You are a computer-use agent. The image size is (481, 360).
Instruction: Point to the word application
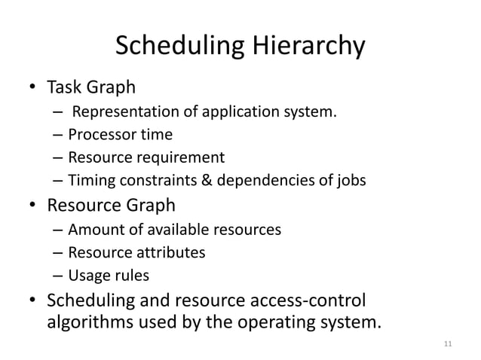(x=229, y=114)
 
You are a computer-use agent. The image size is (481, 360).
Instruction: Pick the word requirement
(x=182, y=157)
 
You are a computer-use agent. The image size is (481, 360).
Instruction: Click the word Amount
(x=92, y=229)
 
